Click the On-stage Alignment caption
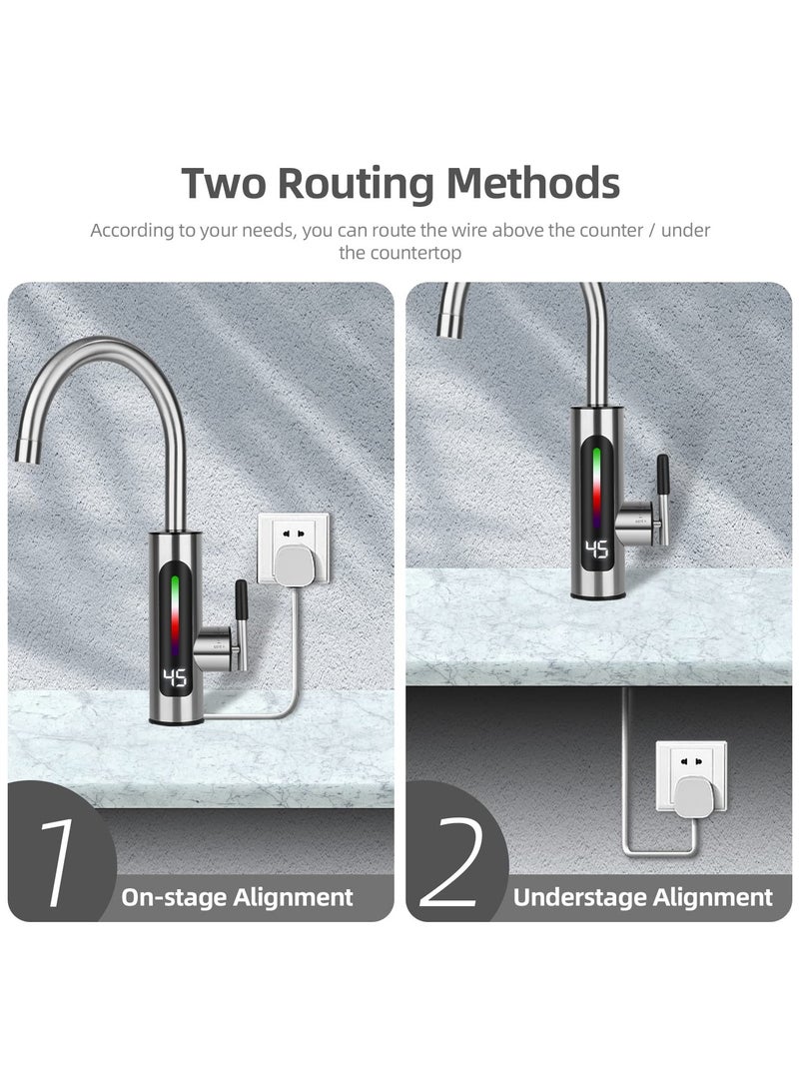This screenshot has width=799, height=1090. coord(237,897)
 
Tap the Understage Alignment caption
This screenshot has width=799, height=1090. coord(642,897)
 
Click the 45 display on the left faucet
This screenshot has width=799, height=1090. coord(175,679)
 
